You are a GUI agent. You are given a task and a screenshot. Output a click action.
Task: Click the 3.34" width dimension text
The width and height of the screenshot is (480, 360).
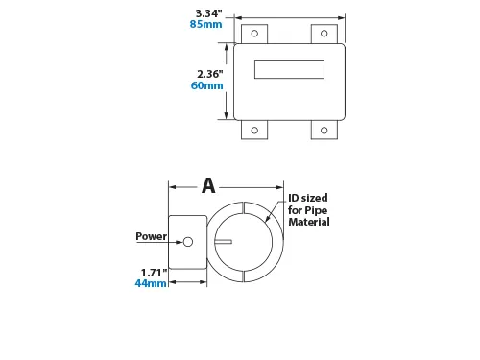pos(208,13)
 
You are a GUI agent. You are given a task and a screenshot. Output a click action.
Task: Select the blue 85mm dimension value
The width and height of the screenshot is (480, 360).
pos(207,25)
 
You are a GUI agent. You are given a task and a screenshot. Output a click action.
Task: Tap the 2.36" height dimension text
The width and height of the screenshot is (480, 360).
pos(209,74)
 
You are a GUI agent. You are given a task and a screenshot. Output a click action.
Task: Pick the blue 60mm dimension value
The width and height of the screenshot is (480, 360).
pos(207,85)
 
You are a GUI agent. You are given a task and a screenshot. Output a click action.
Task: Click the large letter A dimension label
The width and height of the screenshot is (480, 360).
pos(208,186)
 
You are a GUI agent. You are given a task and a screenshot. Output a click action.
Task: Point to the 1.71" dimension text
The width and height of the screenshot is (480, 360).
pos(154,273)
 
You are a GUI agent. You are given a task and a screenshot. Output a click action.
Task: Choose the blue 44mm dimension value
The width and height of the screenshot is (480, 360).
pos(152,284)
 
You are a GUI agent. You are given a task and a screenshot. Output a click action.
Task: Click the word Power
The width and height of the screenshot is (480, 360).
pos(151,236)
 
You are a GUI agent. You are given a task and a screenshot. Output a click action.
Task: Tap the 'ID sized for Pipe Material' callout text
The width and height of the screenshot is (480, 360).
pos(308,210)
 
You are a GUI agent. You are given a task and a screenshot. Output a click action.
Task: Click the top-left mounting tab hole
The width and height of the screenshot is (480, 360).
pos(254,34)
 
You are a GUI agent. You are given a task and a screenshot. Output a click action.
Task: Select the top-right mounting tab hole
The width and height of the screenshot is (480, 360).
pos(323,34)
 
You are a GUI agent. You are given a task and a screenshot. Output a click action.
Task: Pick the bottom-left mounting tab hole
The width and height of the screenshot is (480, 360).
pos(254,131)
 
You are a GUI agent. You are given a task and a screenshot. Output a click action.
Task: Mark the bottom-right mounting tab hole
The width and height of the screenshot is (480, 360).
pos(323,131)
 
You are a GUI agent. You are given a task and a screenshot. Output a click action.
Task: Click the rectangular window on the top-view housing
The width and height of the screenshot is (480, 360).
pos(288,69)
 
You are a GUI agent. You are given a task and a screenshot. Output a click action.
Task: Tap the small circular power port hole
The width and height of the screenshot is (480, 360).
pos(188,242)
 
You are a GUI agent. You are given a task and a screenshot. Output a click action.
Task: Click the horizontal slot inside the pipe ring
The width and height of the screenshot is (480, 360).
pos(224,242)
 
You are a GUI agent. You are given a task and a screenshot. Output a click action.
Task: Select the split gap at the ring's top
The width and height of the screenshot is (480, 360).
pos(244,207)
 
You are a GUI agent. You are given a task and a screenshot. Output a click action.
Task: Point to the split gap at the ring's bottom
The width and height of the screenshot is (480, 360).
pos(244,276)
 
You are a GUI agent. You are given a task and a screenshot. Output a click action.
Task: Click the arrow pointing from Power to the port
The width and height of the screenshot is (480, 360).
pos(175,237)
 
